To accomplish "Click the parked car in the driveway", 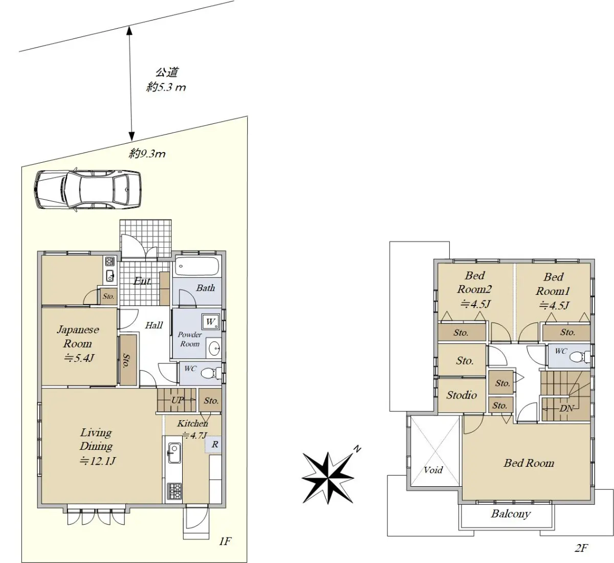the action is (88, 189).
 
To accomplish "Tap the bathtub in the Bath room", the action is (197, 266).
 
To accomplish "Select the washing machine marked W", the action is (211, 321).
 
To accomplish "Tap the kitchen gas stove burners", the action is (174, 491).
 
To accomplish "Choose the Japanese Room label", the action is (78, 336).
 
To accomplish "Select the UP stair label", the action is (177, 400).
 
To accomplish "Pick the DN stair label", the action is (566, 408).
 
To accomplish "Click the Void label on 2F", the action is (433, 469).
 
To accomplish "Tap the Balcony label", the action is (511, 514).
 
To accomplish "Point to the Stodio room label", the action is (462, 395).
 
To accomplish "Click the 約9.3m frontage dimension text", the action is (147, 153).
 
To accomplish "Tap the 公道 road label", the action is (167, 73).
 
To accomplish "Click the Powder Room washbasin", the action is (214, 348).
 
